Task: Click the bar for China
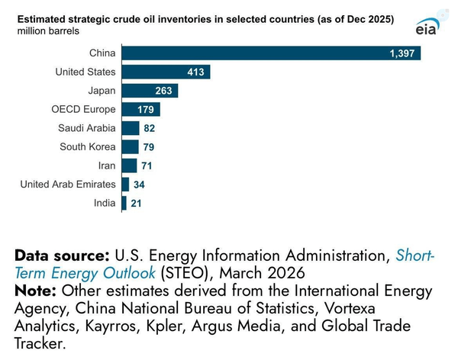(271, 53)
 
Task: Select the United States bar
(166, 72)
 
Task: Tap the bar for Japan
(150, 91)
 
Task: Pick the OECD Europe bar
(141, 109)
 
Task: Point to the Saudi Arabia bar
(131, 128)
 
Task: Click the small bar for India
(124, 203)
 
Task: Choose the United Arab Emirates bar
(125, 185)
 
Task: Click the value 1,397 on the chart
(402, 53)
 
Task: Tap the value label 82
(150, 128)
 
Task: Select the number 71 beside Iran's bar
(147, 166)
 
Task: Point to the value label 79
(149, 147)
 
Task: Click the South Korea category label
(88, 146)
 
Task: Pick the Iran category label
(107, 166)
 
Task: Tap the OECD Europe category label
(83, 109)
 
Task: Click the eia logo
(427, 27)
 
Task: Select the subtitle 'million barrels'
(48, 31)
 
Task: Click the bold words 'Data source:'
(62, 256)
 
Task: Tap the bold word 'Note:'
(35, 291)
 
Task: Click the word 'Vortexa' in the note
(350, 308)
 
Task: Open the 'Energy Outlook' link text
(103, 274)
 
